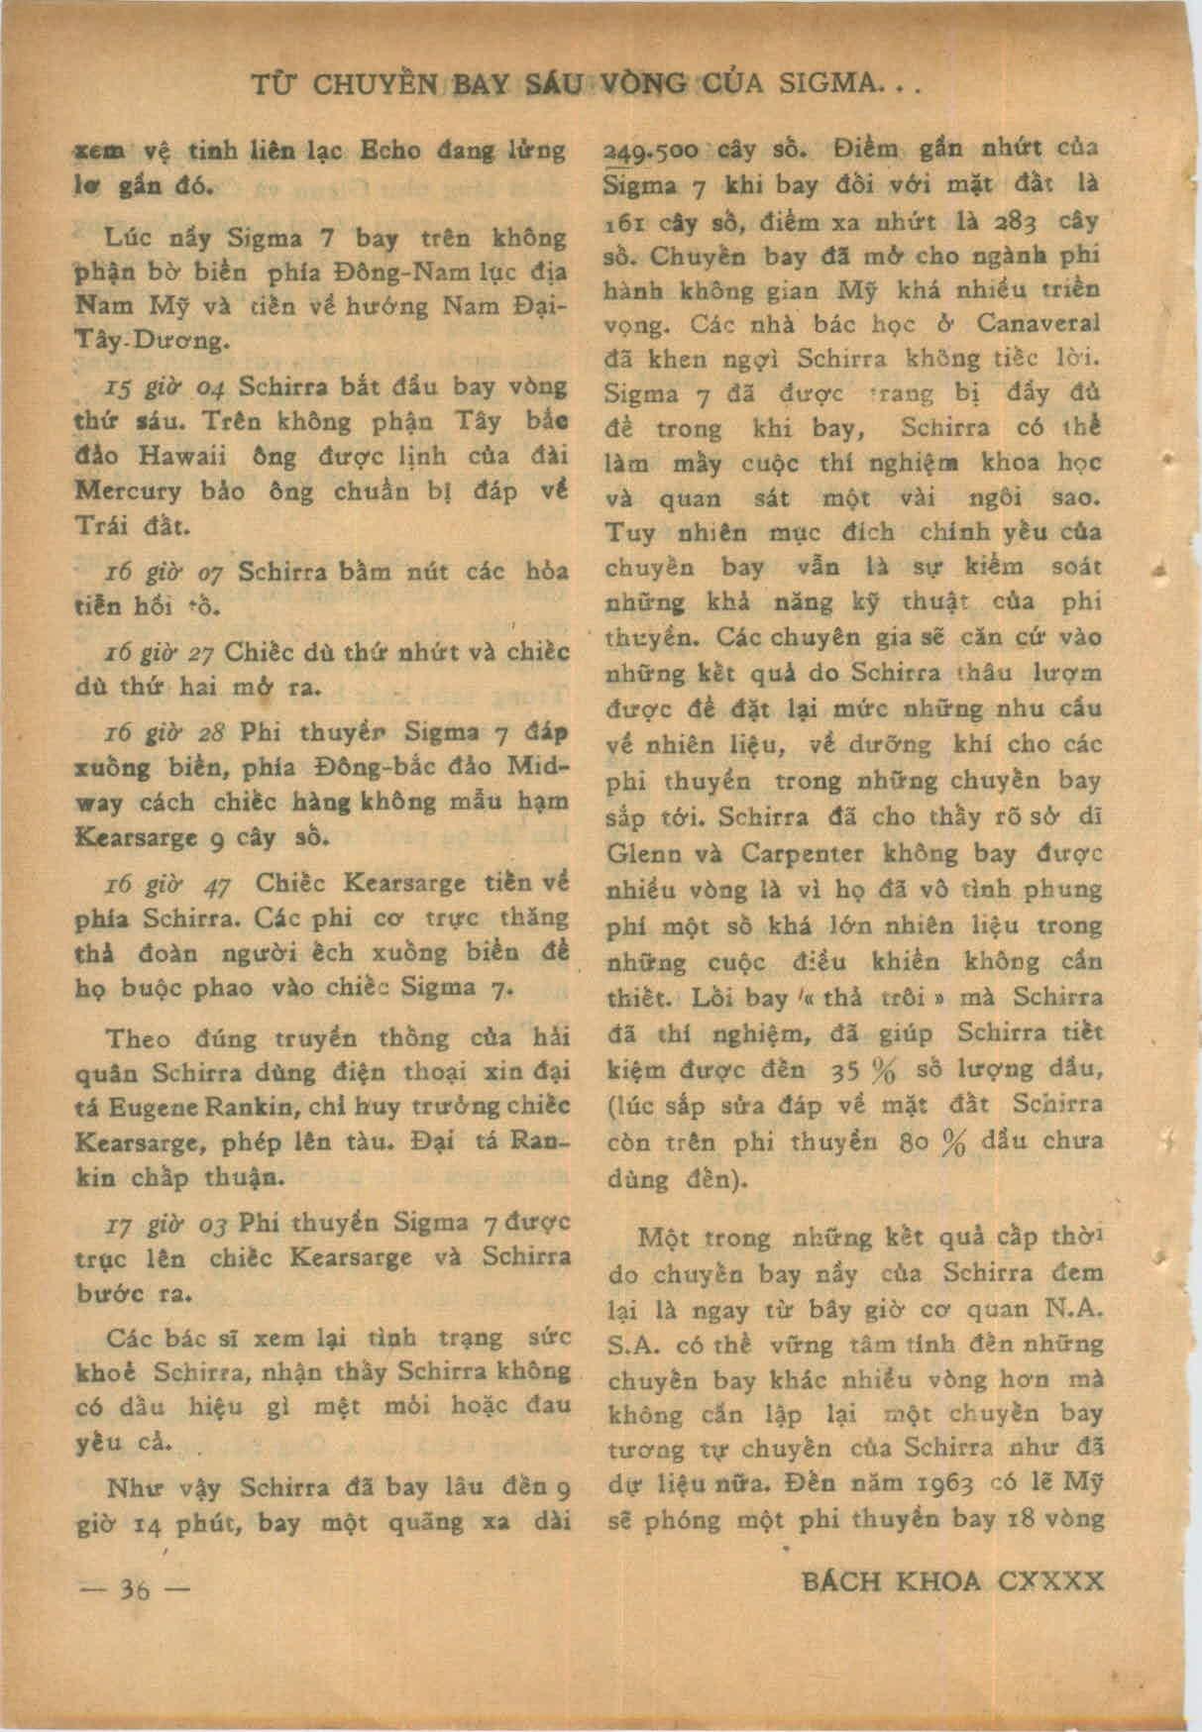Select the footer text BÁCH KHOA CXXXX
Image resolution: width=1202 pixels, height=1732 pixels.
(x=950, y=1579)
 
